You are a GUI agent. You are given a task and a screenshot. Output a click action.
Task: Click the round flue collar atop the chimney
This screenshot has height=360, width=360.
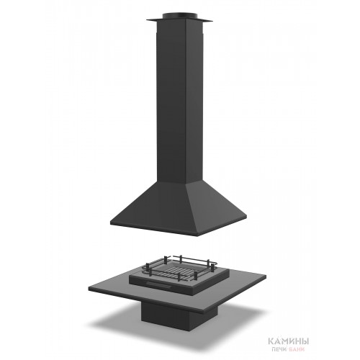pos(180,16)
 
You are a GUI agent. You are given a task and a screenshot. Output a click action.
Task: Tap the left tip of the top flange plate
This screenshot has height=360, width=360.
pos(147,19)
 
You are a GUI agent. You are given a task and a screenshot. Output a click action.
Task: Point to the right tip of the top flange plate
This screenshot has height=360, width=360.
pos(213,21)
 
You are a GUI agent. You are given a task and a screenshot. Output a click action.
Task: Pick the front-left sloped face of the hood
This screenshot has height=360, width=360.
pos(153,207)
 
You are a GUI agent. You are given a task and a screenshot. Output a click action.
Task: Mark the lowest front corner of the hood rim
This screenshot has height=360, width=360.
pos(199,235)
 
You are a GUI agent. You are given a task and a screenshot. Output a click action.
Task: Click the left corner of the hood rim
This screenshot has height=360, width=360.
pos(111,223)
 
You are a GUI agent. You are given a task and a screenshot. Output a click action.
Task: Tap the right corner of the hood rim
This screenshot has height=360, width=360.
pos(246,217)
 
